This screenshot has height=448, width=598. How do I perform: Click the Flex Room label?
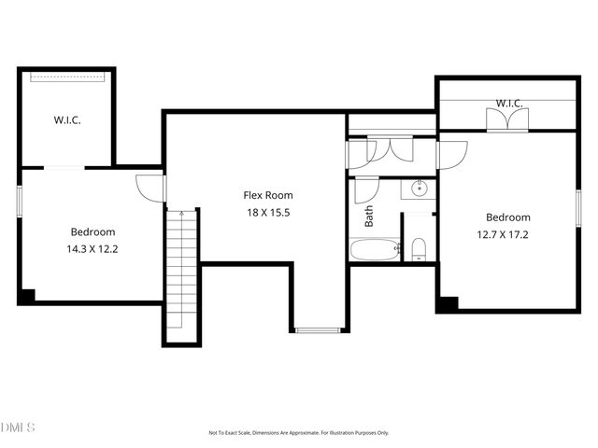(268, 195)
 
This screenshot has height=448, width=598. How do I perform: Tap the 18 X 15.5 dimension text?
(268, 213)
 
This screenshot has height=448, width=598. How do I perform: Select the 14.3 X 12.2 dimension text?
(93, 249)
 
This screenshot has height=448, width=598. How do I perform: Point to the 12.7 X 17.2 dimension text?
(507, 234)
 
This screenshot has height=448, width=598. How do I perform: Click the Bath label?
(369, 217)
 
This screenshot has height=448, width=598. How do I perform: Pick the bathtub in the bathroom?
(375, 249)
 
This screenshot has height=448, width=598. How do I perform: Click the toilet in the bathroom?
(419, 248)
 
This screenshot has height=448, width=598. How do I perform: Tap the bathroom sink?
(420, 189)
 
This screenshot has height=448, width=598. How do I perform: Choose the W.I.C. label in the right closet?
(508, 103)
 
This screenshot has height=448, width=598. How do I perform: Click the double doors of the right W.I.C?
(507, 119)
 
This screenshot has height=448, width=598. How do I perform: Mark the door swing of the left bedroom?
(150, 188)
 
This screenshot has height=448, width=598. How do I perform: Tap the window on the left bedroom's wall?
(20, 201)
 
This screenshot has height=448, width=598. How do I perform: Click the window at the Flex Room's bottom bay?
(319, 329)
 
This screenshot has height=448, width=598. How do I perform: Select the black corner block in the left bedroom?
(27, 295)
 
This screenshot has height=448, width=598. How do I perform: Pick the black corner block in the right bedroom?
(448, 304)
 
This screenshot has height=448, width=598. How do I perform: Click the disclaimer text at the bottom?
(298, 432)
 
